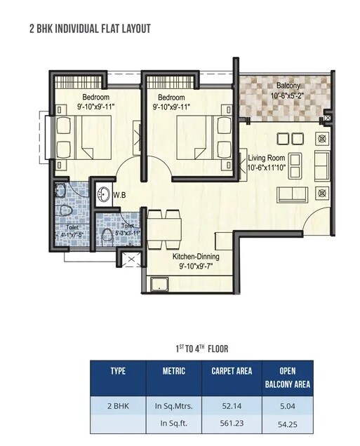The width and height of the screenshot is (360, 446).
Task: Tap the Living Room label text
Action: point(267,158)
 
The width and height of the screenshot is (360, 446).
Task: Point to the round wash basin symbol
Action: point(103,195)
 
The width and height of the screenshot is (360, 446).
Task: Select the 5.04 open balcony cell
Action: point(286,405)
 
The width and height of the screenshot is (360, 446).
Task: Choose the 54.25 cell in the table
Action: point(286,424)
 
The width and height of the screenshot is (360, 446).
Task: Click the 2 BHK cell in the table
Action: point(117,405)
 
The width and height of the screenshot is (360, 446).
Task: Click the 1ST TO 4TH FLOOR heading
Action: point(201,348)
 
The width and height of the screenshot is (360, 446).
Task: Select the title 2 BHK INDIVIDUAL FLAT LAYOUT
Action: point(90,29)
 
